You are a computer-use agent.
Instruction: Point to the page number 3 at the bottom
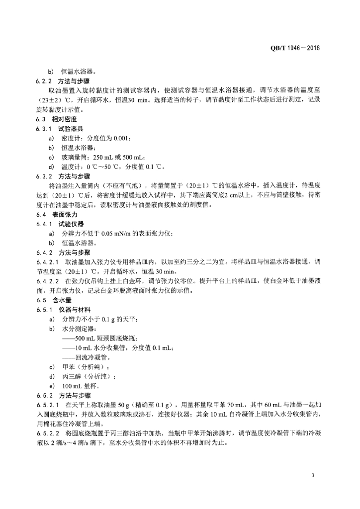coord(313,476)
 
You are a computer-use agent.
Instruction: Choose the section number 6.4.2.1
coord(48,261)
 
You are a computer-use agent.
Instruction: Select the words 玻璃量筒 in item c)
coord(74,158)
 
